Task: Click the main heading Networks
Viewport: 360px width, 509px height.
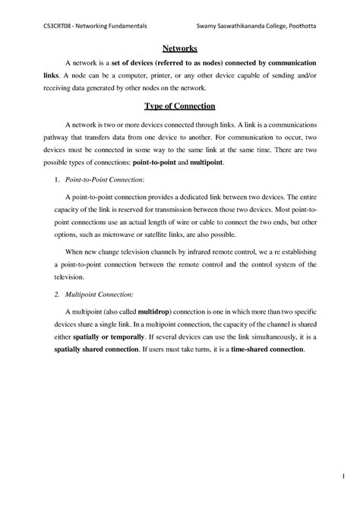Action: point(180,48)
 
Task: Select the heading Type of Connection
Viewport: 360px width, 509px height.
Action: point(180,106)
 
